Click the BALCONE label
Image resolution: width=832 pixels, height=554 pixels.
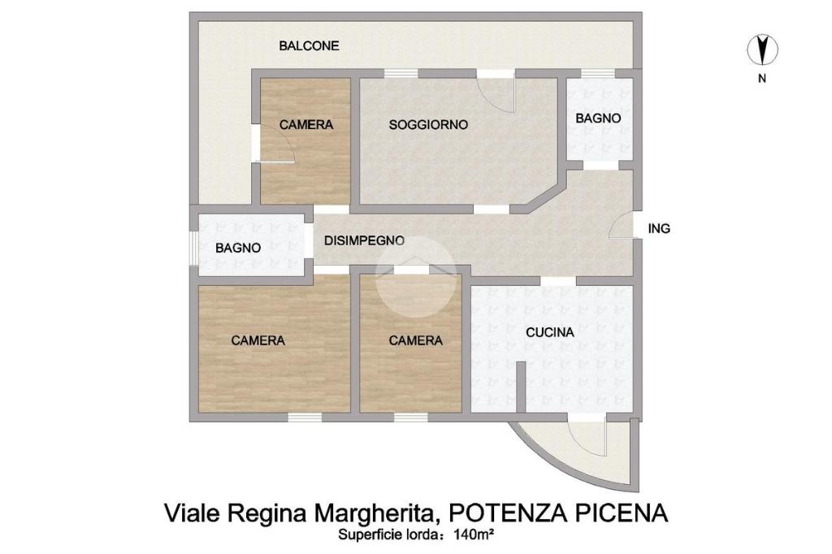309,45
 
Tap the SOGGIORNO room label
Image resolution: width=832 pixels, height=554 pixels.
428,125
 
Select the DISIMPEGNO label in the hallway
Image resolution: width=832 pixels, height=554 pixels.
364,240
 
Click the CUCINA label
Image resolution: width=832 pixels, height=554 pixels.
550,332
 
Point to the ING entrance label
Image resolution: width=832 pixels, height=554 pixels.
659,229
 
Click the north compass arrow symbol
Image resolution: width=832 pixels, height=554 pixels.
762,50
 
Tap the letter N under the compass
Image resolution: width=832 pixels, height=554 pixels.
762,79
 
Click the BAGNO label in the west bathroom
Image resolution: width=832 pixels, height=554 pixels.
238,248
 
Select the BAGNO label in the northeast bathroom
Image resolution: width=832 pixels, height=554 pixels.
598,119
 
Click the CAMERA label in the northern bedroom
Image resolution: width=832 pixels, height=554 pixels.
306,125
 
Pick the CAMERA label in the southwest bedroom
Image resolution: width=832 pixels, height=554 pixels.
258,340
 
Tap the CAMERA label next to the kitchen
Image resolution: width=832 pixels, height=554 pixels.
415,340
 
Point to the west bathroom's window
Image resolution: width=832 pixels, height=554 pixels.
194,248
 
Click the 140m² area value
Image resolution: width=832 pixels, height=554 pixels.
474,535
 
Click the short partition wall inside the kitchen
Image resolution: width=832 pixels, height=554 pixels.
521,387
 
